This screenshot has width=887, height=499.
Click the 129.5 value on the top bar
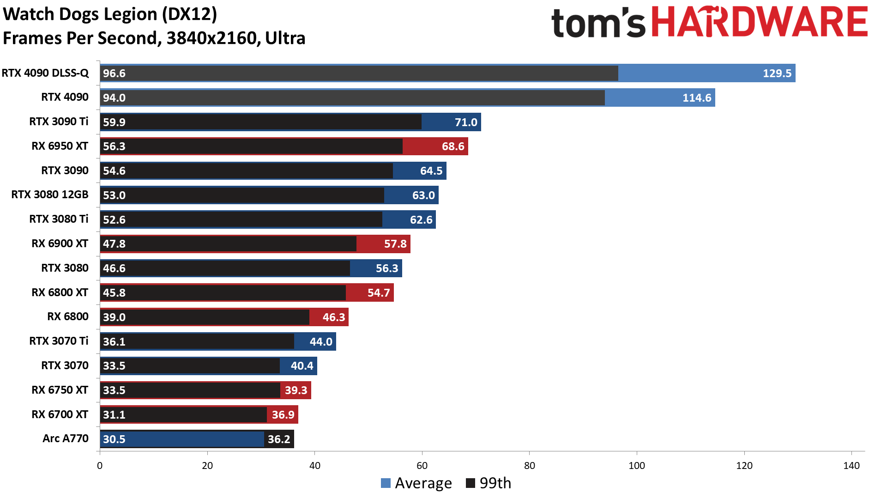pyautogui.click(x=777, y=73)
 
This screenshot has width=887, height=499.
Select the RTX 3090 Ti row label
pyautogui.click(x=59, y=122)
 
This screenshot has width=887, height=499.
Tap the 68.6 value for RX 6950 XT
pyautogui.click(x=453, y=146)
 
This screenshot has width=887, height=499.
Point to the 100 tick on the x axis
pyautogui.click(x=637, y=466)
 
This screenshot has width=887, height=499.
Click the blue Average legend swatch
pyautogui.click(x=386, y=483)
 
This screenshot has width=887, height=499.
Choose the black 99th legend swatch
pyautogui.click(x=471, y=483)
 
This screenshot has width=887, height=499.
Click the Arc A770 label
pyautogui.click(x=65, y=438)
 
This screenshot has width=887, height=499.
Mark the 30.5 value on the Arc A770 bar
pyautogui.click(x=114, y=439)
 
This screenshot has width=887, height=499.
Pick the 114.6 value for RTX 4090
pyautogui.click(x=697, y=98)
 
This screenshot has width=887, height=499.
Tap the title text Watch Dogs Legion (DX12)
pyautogui.click(x=110, y=14)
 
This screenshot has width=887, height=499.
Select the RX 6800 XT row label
pyautogui.click(x=60, y=292)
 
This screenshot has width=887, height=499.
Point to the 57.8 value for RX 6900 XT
pyautogui.click(x=395, y=244)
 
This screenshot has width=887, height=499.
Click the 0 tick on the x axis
pyautogui.click(x=100, y=466)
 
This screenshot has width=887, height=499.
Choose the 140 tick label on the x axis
pyautogui.click(x=851, y=466)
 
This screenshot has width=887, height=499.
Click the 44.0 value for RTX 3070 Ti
pyautogui.click(x=321, y=342)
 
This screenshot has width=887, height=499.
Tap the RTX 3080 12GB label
pyautogui.click(x=50, y=195)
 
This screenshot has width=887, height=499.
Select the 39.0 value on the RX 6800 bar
pyautogui.click(x=114, y=317)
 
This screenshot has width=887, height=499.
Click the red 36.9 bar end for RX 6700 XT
pyautogui.click(x=283, y=415)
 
